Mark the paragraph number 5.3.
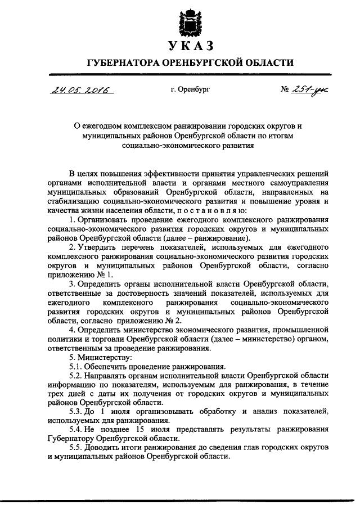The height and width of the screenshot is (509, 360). (x=75, y=412)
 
